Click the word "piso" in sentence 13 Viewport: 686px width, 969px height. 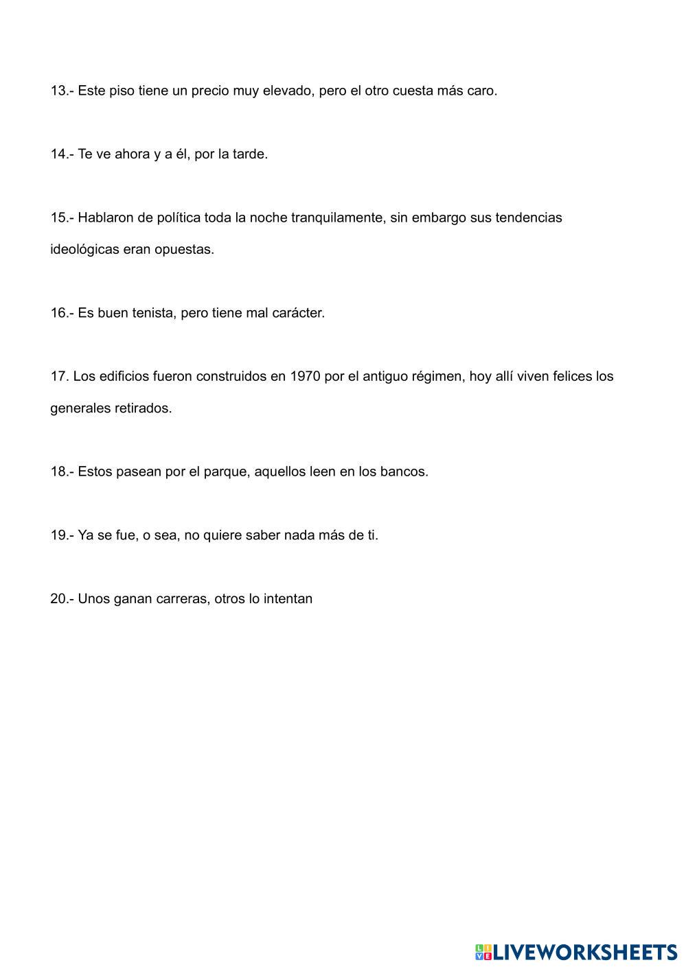pyautogui.click(x=122, y=91)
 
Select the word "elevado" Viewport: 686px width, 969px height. pyautogui.click(x=288, y=91)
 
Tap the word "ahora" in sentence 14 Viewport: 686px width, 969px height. pyautogui.click(x=132, y=154)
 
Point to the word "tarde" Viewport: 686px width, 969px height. pyautogui.click(x=250, y=154)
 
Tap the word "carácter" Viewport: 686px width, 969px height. pyautogui.click(x=299, y=313)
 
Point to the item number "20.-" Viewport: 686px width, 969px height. pyautogui.click(x=62, y=598)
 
